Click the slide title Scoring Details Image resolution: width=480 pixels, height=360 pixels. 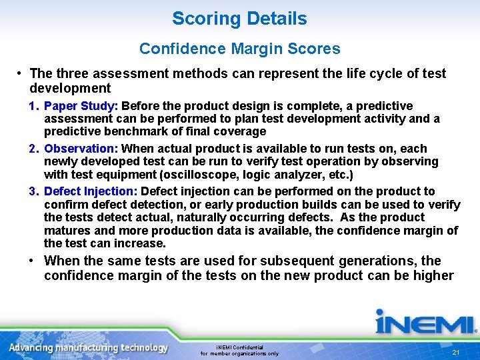pos(239,19)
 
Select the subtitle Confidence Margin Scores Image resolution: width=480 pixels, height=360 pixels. pos(239,49)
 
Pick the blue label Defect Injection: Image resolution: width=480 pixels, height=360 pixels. pos(91,191)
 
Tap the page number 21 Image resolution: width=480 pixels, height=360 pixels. pos(456,352)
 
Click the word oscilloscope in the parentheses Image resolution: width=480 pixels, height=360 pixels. pos(221,175)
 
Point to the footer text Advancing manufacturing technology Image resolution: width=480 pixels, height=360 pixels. pos(88,348)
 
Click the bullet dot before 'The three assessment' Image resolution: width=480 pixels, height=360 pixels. pos(21,73)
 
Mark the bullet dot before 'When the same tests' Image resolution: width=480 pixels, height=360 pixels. pos(33,261)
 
